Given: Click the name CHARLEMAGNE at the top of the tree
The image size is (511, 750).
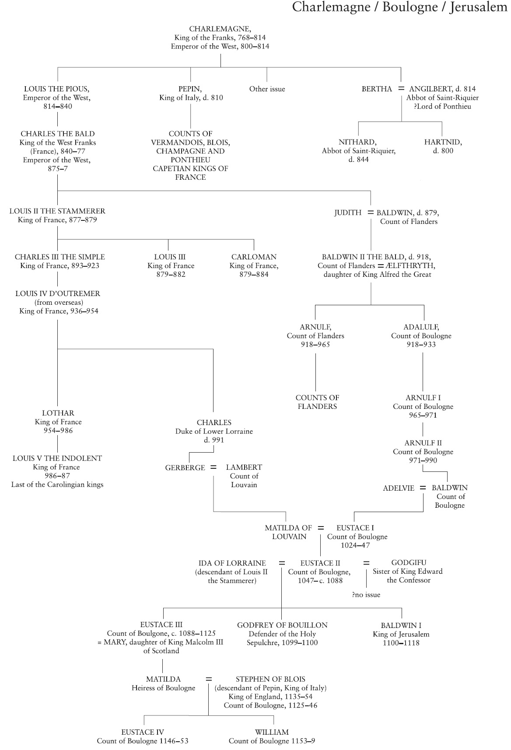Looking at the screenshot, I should (220, 29).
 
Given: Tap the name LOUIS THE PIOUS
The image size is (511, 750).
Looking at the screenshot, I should (57, 89).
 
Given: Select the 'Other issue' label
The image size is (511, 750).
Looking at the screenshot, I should (267, 89).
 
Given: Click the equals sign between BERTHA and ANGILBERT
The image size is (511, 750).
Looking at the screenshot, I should (401, 88).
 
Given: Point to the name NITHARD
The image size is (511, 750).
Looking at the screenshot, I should (357, 142).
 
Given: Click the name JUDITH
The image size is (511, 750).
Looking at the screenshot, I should (348, 213).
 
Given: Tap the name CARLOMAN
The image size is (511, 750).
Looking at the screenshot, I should (254, 257).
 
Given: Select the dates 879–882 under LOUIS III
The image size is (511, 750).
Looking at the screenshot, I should (171, 275).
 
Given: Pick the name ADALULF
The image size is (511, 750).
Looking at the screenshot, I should (421, 327).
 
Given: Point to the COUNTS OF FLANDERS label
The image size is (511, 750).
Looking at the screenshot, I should (317, 402).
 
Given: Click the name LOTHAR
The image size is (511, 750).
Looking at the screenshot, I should (58, 413).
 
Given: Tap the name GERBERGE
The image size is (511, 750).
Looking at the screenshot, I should (185, 468).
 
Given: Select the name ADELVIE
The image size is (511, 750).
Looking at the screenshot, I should (398, 488).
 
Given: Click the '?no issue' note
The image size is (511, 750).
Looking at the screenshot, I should (366, 595).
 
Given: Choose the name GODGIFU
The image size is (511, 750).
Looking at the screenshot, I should (408, 563).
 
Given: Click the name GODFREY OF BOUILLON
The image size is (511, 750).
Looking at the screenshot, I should (282, 625).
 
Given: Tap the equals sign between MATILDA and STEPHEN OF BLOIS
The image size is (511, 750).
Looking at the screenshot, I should (209, 679).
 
